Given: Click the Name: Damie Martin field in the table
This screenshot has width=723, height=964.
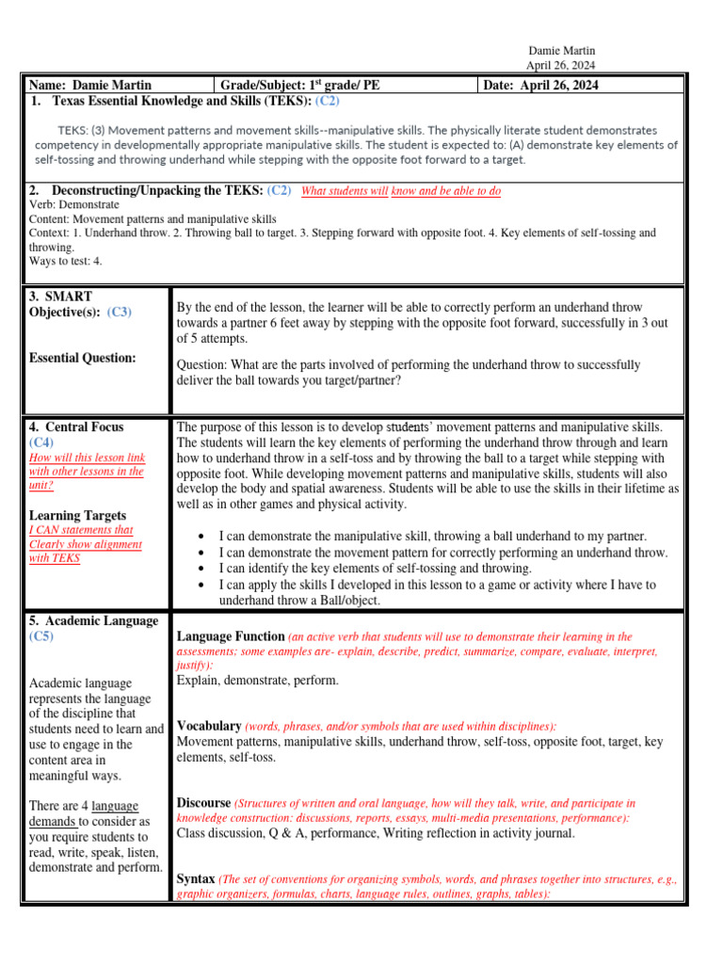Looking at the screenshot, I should [90, 86].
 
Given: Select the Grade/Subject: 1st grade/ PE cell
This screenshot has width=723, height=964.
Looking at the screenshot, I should [300, 86].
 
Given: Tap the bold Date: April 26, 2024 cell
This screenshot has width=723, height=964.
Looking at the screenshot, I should [540, 86].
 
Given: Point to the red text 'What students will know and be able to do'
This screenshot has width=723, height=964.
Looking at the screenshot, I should [400, 191].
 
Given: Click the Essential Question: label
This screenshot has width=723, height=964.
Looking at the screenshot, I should [83, 358].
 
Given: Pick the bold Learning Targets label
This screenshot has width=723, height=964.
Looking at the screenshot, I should [78, 515].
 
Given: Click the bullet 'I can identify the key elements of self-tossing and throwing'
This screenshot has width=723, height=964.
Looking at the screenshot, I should [376, 569].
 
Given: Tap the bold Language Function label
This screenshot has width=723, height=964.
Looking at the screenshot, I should [231, 636].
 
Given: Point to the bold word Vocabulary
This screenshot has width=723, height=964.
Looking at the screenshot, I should [209, 726].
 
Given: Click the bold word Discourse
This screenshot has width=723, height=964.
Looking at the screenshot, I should [203, 803].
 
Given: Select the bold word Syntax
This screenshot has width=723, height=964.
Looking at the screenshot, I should [196, 878].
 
